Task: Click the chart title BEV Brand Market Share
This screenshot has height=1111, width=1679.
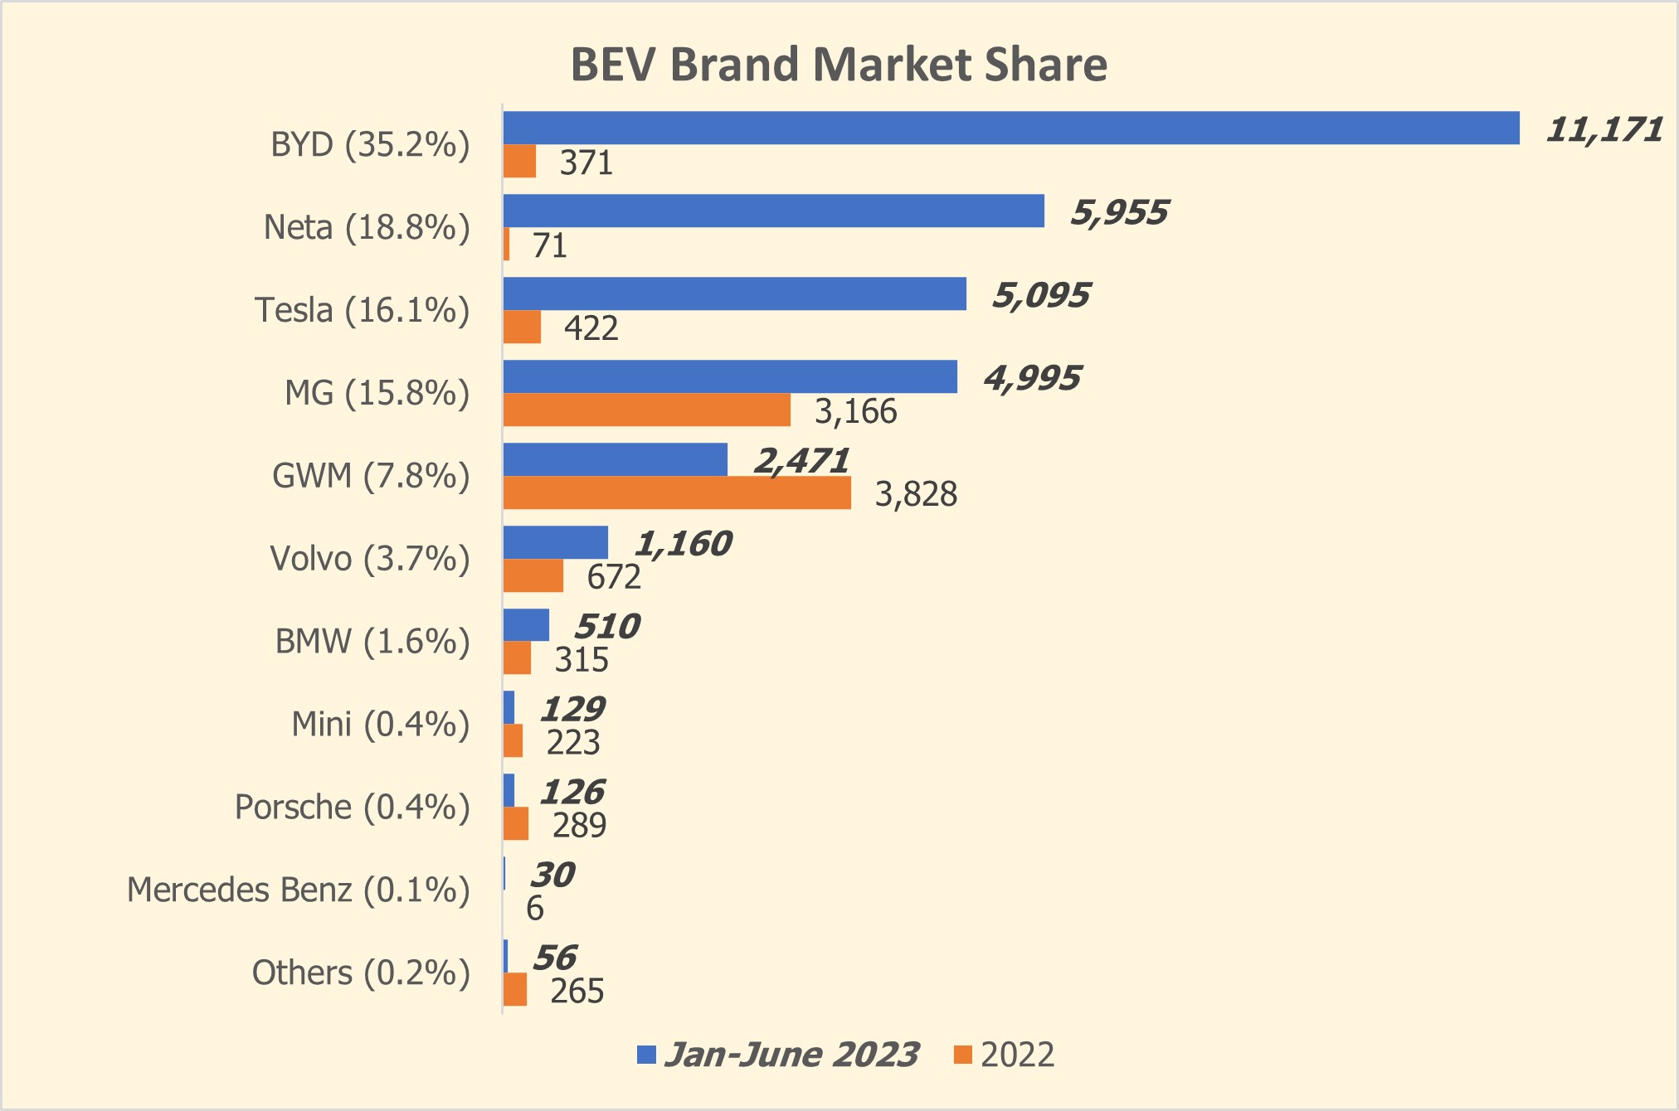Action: [839, 65]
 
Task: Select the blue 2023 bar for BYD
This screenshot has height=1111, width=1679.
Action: [1010, 128]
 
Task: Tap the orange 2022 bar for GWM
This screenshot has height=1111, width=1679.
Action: [676, 492]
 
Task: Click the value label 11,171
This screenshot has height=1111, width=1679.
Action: [1604, 130]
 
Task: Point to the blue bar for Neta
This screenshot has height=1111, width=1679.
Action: [773, 211]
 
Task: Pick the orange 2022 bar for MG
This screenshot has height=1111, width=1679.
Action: [646, 410]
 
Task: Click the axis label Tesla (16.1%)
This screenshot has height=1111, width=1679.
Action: [362, 310]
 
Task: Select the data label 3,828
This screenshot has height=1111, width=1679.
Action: [916, 494]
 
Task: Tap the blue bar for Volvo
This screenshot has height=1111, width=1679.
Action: [555, 542]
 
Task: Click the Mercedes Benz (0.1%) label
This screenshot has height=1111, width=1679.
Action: [298, 890]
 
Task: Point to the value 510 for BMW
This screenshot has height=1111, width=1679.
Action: [606, 627]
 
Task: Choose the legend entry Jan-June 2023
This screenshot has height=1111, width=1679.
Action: [791, 1055]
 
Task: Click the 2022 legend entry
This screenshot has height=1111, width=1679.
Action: [1016, 1055]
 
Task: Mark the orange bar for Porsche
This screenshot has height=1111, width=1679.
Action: [515, 823]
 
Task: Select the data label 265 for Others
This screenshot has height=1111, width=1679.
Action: [577, 991]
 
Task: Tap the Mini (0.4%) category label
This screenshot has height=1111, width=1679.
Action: [380, 725]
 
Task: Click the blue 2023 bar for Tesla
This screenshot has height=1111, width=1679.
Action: [734, 294]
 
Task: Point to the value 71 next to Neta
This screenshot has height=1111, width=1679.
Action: [549, 246]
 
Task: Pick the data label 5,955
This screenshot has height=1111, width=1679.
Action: [1119, 213]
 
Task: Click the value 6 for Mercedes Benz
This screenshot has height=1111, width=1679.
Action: [535, 909]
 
